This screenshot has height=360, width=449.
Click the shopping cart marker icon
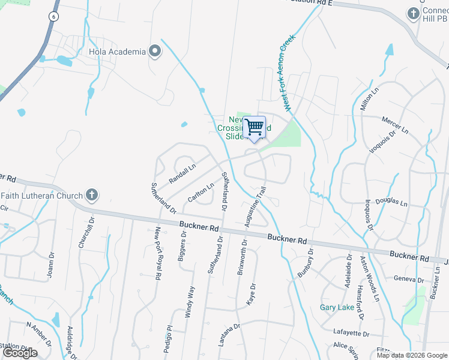point(255,127)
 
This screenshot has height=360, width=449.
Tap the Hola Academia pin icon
point(155,51)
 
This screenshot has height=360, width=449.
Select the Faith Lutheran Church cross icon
point(91,194)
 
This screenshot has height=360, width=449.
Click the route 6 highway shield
point(53,17)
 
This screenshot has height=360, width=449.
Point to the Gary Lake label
point(337,307)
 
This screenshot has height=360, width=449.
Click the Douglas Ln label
point(391,203)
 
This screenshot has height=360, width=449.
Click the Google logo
point(20,353)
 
